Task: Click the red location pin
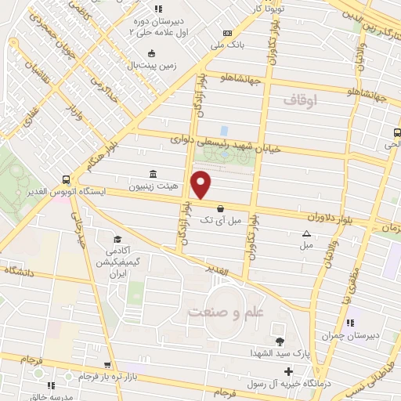click(201, 184)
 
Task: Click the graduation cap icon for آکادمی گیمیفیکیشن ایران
click(117, 240)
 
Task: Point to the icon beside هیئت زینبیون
click(151, 174)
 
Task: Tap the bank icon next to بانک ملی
click(227, 33)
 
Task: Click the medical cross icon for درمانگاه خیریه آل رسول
click(289, 370)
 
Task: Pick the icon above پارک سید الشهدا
click(280, 340)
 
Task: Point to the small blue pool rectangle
click(224, 130)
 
